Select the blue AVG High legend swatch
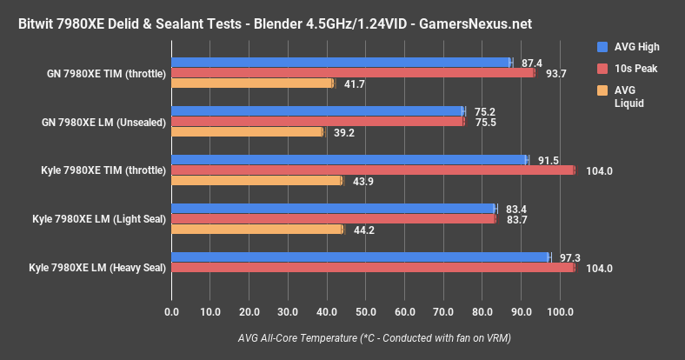pyautogui.click(x=602, y=46)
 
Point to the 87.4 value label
pyautogui.click(x=531, y=63)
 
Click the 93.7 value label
pyautogui.click(x=555, y=73)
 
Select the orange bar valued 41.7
pyautogui.click(x=252, y=83)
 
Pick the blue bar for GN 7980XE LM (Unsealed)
pyautogui.click(x=318, y=111)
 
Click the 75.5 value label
pyautogui.click(x=483, y=123)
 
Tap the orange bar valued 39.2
pyautogui.click(x=248, y=132)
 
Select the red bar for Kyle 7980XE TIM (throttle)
pyautogui.click(x=373, y=170)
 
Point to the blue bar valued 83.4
pyautogui.click(x=333, y=209)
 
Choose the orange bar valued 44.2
pyautogui.click(x=257, y=230)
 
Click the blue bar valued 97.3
pyautogui.click(x=361, y=257)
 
